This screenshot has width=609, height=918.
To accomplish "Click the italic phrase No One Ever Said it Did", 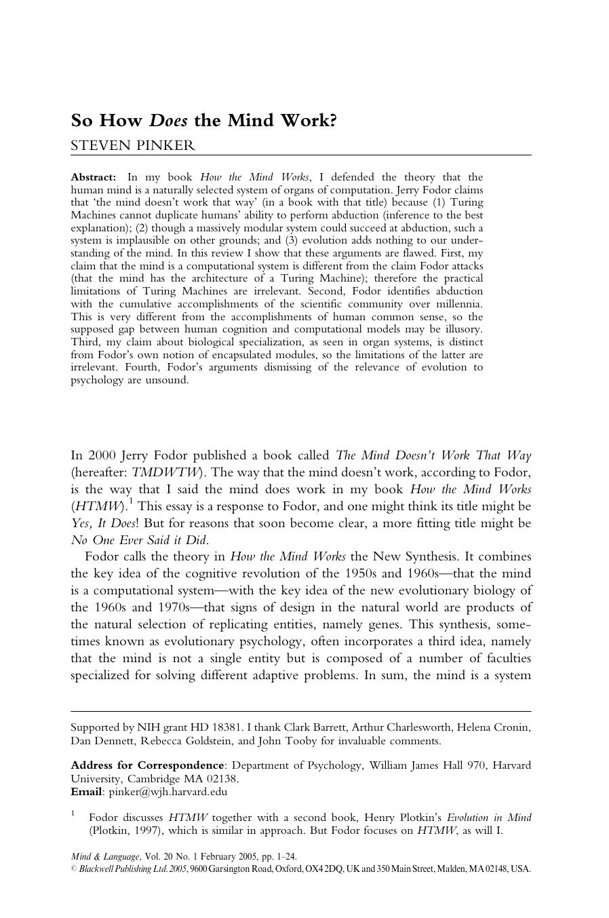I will coord(139,540).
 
